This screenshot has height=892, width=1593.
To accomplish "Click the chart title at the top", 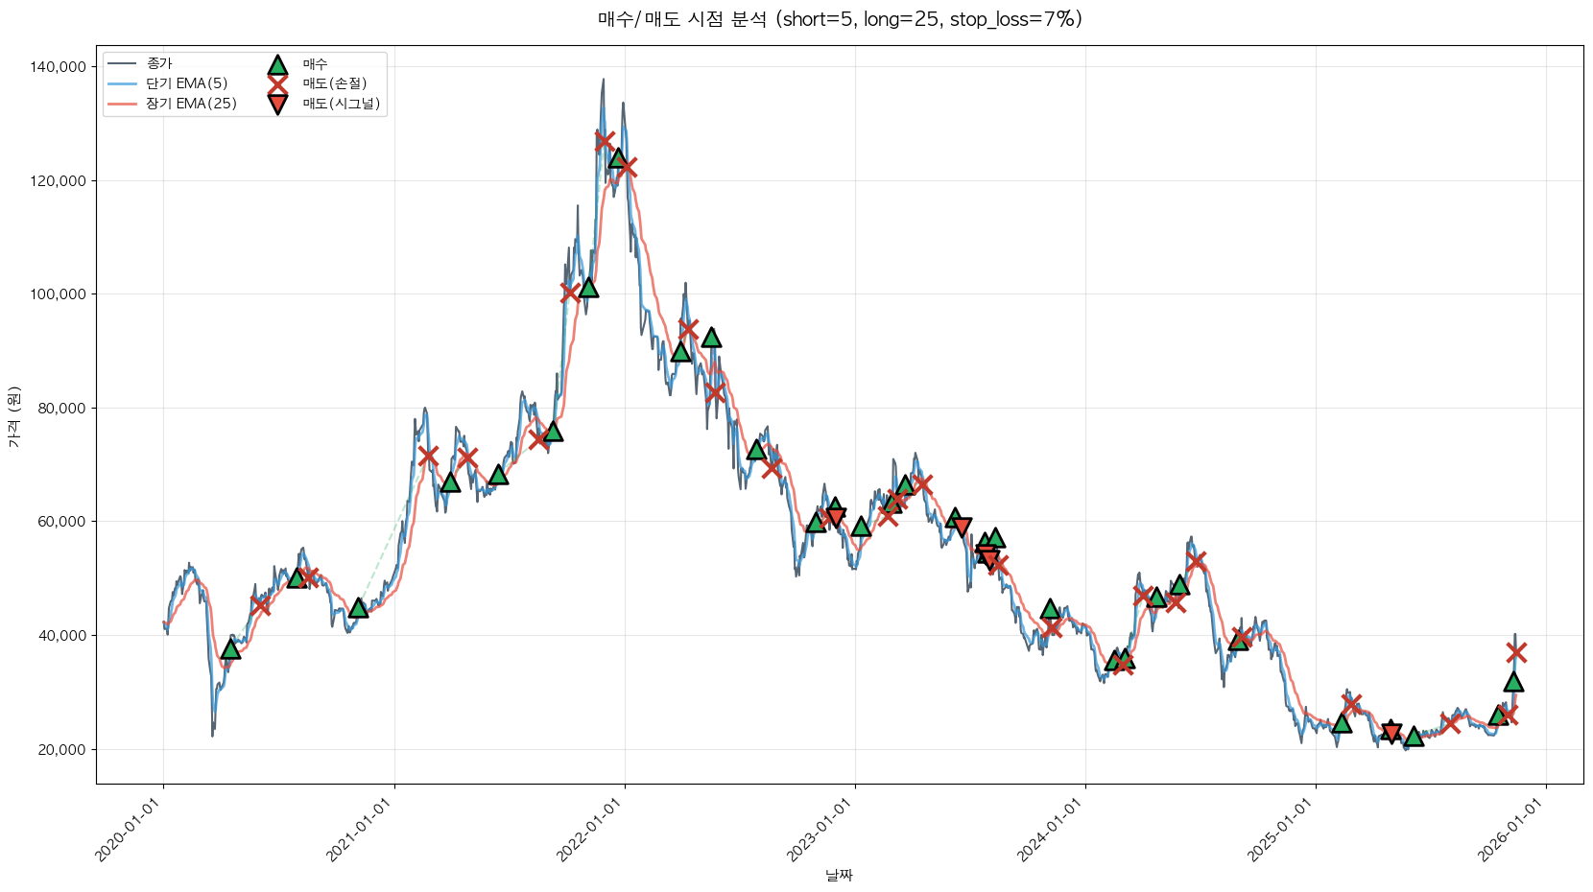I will (840, 19).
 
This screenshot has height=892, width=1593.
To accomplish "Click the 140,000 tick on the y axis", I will (59, 67).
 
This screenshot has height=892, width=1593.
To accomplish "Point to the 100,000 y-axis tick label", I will (59, 294).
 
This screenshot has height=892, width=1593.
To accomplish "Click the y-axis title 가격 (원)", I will (13, 416).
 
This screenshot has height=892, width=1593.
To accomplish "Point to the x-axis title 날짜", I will (839, 875).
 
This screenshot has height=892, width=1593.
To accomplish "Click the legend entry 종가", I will (159, 64).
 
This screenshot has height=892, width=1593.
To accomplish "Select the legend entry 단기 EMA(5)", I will (186, 83).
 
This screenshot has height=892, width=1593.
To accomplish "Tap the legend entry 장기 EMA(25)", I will (191, 104).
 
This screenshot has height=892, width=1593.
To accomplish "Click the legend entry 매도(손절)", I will (335, 83).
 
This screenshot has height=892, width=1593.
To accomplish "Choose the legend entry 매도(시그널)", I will (341, 104).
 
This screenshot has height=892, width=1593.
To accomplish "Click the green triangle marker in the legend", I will (277, 64).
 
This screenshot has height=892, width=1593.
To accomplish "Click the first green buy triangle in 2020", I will (230, 649).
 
